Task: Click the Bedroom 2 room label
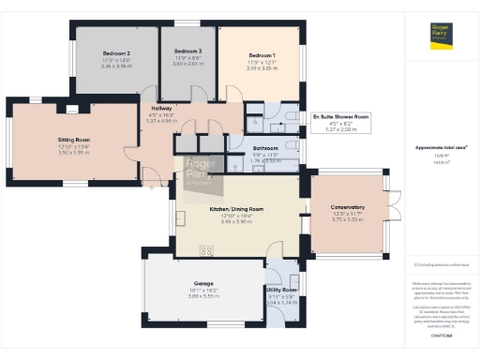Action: point(115,54)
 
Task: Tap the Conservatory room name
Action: point(348,207)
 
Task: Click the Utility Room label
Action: point(281,291)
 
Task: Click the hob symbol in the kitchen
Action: point(206,249)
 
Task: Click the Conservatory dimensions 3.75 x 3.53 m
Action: point(348,220)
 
